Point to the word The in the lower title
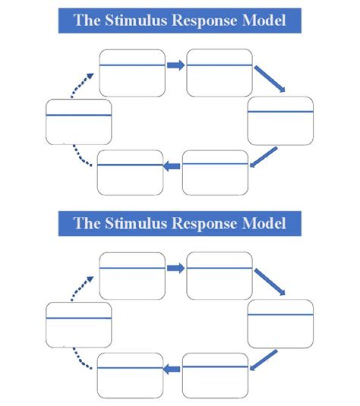84,223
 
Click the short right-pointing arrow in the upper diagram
175,65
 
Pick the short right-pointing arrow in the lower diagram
175,269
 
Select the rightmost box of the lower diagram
280,323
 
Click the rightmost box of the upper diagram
280,120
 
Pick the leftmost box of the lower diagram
78,325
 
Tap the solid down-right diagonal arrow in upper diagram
270,79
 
